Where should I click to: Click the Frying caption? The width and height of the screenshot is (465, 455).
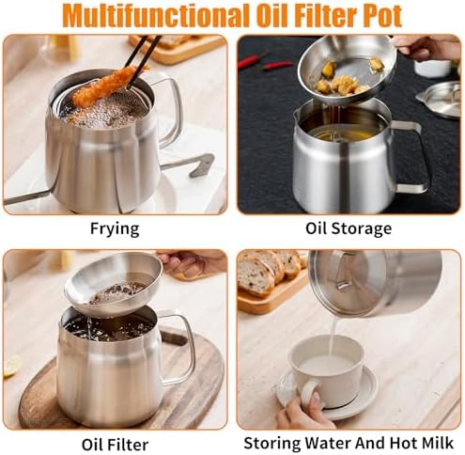(115, 228)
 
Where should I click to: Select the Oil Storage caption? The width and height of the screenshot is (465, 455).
(349, 228)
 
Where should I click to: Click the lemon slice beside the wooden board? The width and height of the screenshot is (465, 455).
(11, 366)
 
